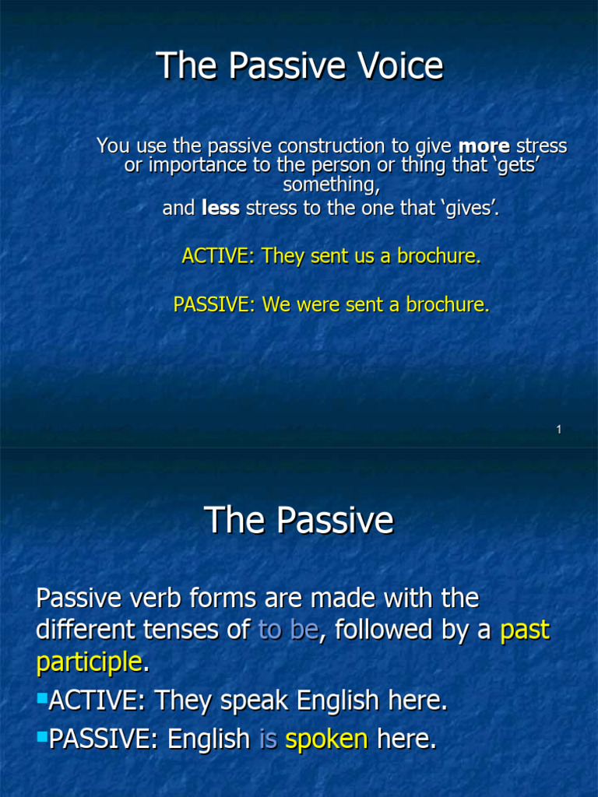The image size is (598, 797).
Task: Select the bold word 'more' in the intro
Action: (x=484, y=146)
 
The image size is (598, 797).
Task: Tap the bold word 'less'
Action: (x=220, y=208)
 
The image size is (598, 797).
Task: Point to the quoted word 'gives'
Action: (x=466, y=208)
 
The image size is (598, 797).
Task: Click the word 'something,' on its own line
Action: (x=331, y=184)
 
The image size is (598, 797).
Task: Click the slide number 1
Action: (x=559, y=430)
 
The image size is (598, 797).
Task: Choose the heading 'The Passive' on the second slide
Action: (x=299, y=520)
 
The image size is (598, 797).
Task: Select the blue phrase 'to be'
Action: (x=287, y=630)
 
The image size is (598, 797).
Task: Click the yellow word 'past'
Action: (x=524, y=630)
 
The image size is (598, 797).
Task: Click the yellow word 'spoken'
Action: (x=326, y=739)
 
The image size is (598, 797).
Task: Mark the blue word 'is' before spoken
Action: (x=268, y=739)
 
